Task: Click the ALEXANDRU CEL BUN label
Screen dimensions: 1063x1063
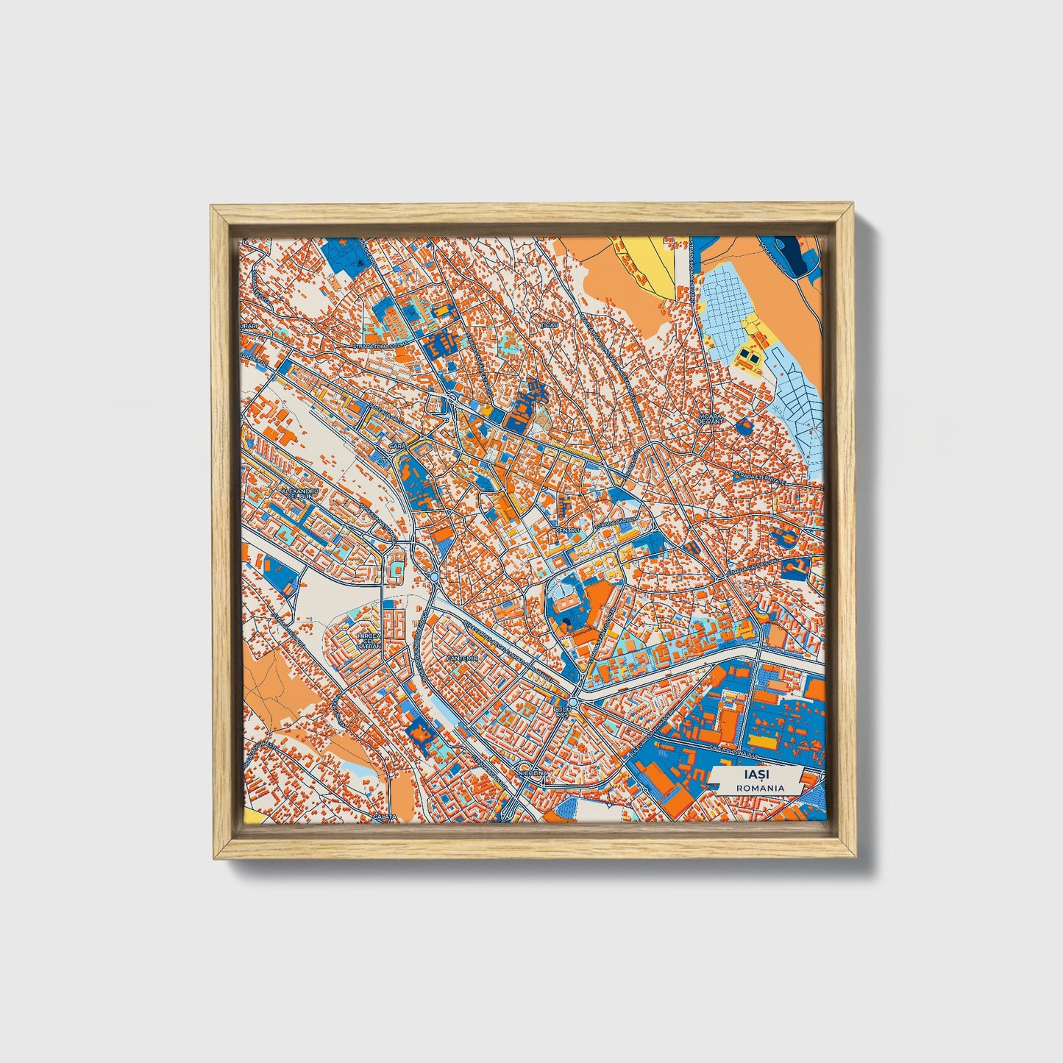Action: click(x=299, y=494)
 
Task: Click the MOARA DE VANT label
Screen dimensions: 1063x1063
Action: click(x=711, y=418)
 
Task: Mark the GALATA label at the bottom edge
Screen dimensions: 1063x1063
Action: click(x=385, y=817)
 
